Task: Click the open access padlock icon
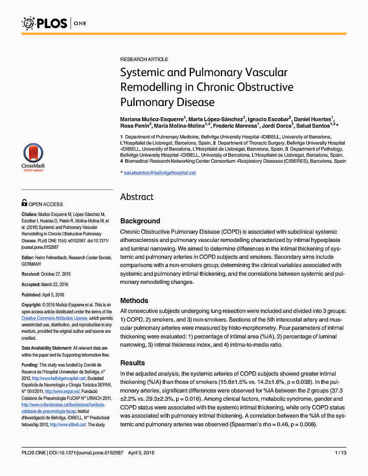[x=25, y=203]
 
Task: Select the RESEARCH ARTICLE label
[x=144, y=59]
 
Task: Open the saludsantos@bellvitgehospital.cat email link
[x=160, y=173]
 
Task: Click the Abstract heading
[x=137, y=197]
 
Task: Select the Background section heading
[x=140, y=221]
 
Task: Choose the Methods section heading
[x=134, y=300]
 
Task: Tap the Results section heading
[x=132, y=363]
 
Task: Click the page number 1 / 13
[x=341, y=453]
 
